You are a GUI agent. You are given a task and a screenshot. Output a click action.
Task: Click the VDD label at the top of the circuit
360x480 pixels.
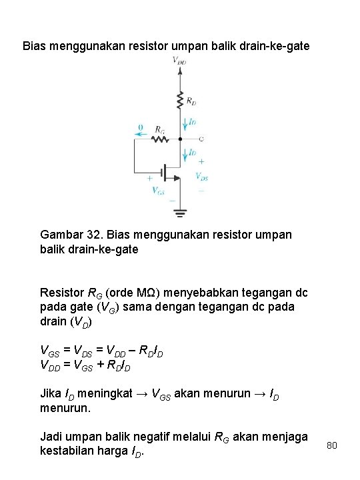click(179, 61)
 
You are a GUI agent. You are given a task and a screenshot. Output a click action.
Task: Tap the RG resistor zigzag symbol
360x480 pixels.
click(159, 139)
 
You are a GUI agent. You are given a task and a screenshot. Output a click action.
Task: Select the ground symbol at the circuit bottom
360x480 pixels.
click(180, 213)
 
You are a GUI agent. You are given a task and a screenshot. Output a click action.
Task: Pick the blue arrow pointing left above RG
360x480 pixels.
click(141, 133)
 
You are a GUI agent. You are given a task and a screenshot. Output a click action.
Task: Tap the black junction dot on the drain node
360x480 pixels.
click(180, 139)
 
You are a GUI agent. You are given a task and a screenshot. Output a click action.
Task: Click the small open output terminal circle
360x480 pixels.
click(201, 139)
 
